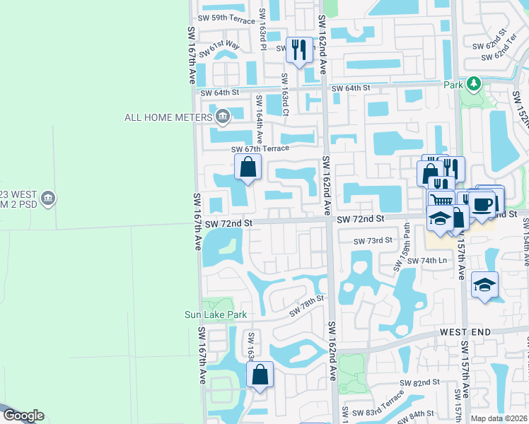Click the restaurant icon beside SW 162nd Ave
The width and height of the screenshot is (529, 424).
(299, 49)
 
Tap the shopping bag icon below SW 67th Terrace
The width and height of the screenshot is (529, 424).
(248, 167)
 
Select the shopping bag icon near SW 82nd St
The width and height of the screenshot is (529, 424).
(260, 375)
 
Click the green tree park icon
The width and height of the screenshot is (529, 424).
(473, 84)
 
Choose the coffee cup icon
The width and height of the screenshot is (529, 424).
(482, 205)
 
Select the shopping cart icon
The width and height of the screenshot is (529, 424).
(441, 201)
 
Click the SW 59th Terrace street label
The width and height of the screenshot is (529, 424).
(223, 20)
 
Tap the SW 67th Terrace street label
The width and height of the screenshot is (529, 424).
(260, 148)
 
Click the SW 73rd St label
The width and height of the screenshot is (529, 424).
(373, 240)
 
